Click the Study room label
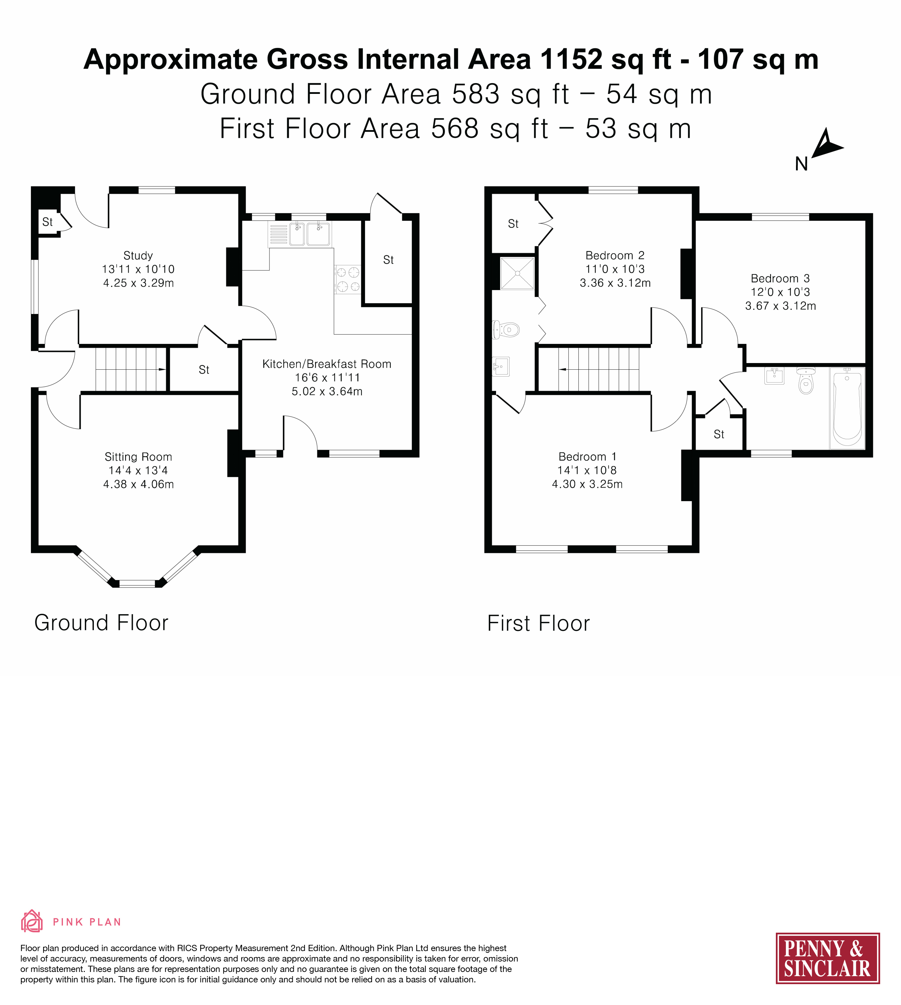138,256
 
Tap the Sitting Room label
138,457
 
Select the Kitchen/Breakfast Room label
327,364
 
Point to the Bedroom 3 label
780,278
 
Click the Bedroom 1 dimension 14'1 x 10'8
587,470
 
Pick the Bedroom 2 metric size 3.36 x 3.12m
615,283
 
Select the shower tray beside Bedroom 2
517,273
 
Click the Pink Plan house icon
32,920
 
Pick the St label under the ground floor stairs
204,370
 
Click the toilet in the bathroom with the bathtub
806,380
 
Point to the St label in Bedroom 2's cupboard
513,224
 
